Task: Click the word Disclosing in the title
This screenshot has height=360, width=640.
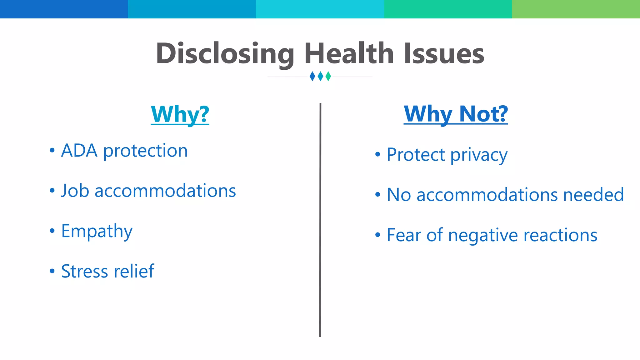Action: point(225,54)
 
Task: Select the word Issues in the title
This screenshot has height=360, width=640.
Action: point(444,54)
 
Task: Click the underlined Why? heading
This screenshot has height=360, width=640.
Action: point(180,114)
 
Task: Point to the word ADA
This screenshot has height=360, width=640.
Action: point(79,151)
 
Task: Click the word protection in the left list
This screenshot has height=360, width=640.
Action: point(145,151)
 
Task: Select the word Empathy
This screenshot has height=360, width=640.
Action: point(97,232)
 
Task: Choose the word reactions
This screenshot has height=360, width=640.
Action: point(560,235)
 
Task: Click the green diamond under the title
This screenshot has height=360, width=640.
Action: point(328,76)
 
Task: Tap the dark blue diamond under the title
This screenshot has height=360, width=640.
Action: point(312,76)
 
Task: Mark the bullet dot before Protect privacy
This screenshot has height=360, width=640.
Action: point(377,154)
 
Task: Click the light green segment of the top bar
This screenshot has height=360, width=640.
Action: point(576,9)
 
